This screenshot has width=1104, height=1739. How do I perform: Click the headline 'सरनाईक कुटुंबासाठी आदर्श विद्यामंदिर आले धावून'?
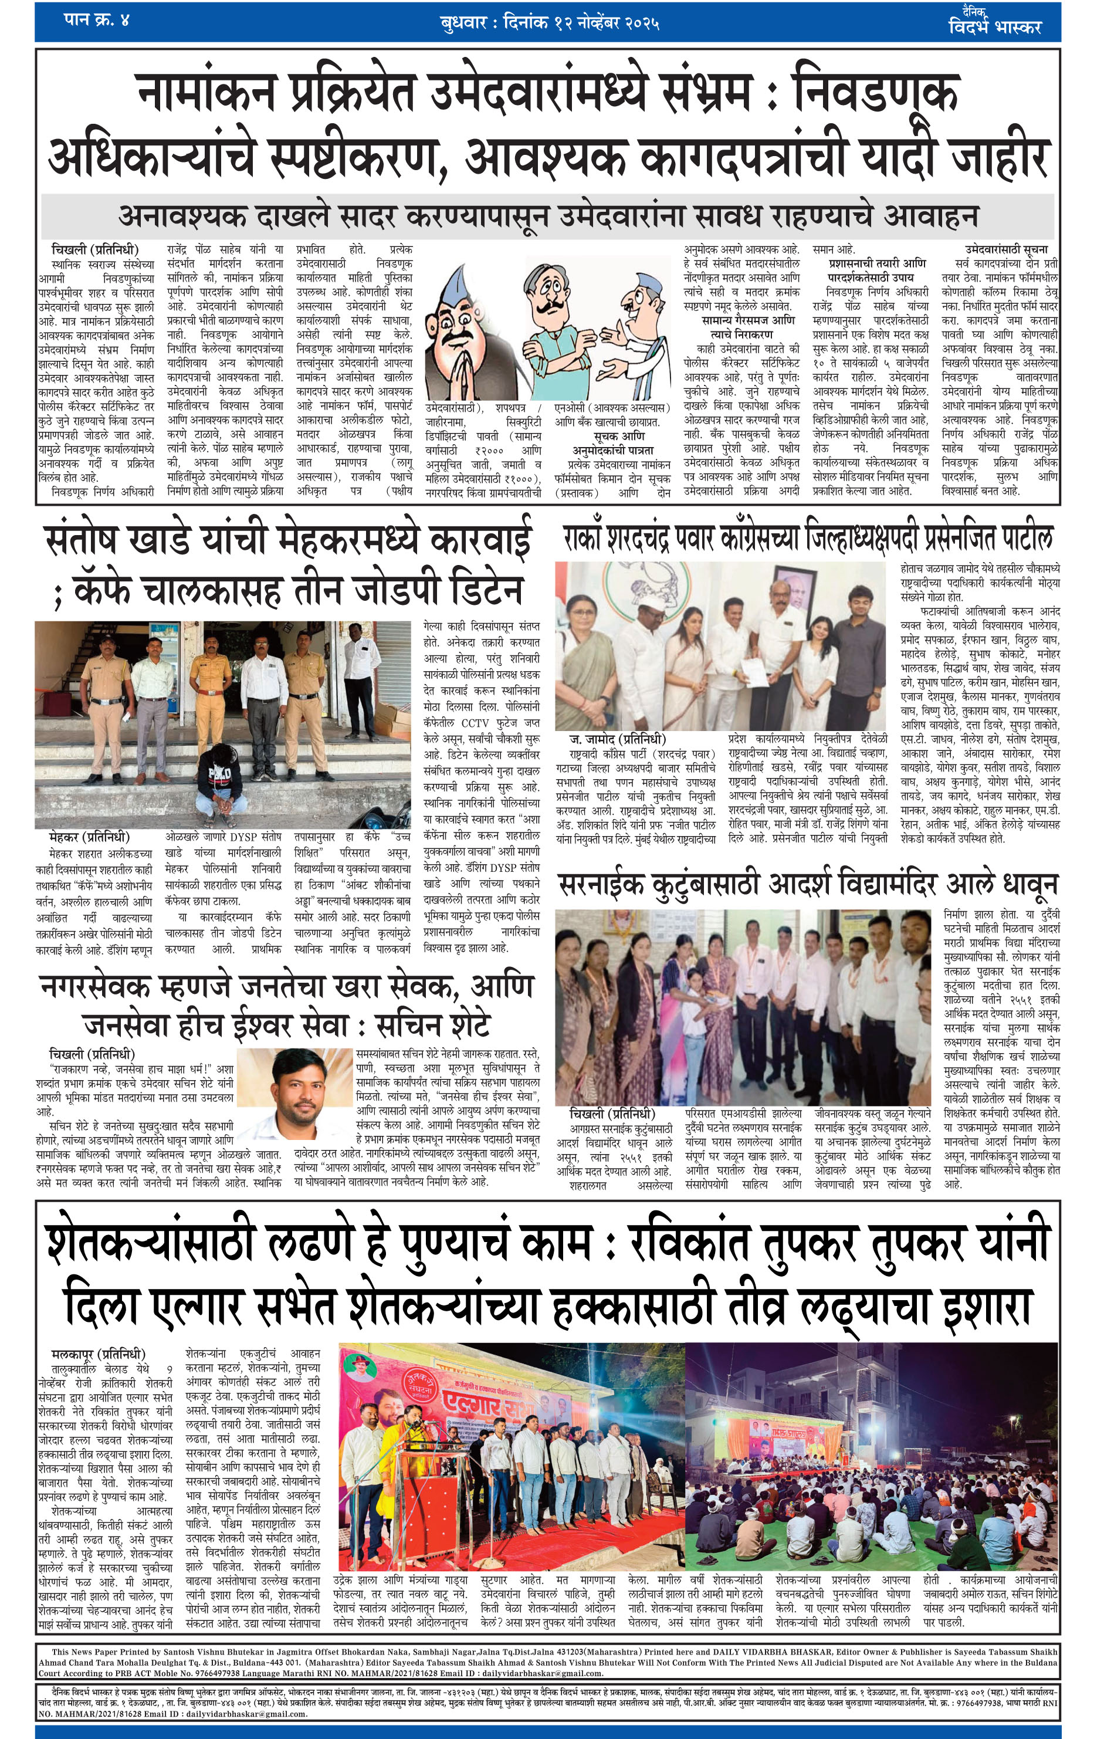point(807,885)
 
